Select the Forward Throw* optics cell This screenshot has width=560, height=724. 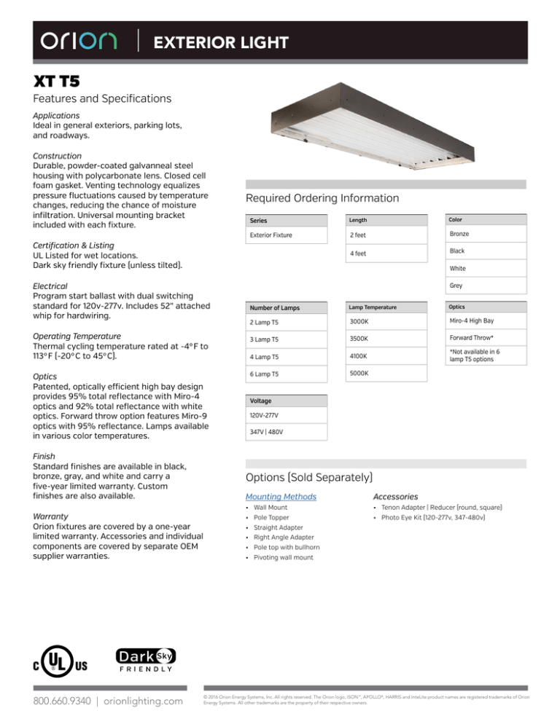tap(471, 338)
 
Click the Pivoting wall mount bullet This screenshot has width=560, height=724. tap(283, 557)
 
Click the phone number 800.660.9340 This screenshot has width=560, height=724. tap(55, 700)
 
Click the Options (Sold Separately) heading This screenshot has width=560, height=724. tap(311, 477)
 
